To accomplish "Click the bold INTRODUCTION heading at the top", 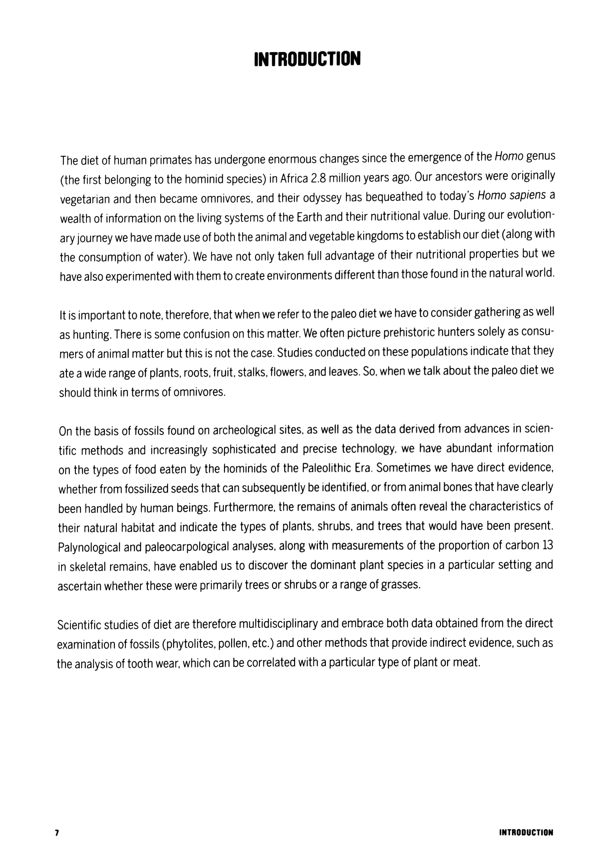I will [x=307, y=59].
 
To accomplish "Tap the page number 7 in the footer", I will [x=57, y=832].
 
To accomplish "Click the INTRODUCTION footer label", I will [x=526, y=832].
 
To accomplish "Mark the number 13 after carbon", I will [x=548, y=545].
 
